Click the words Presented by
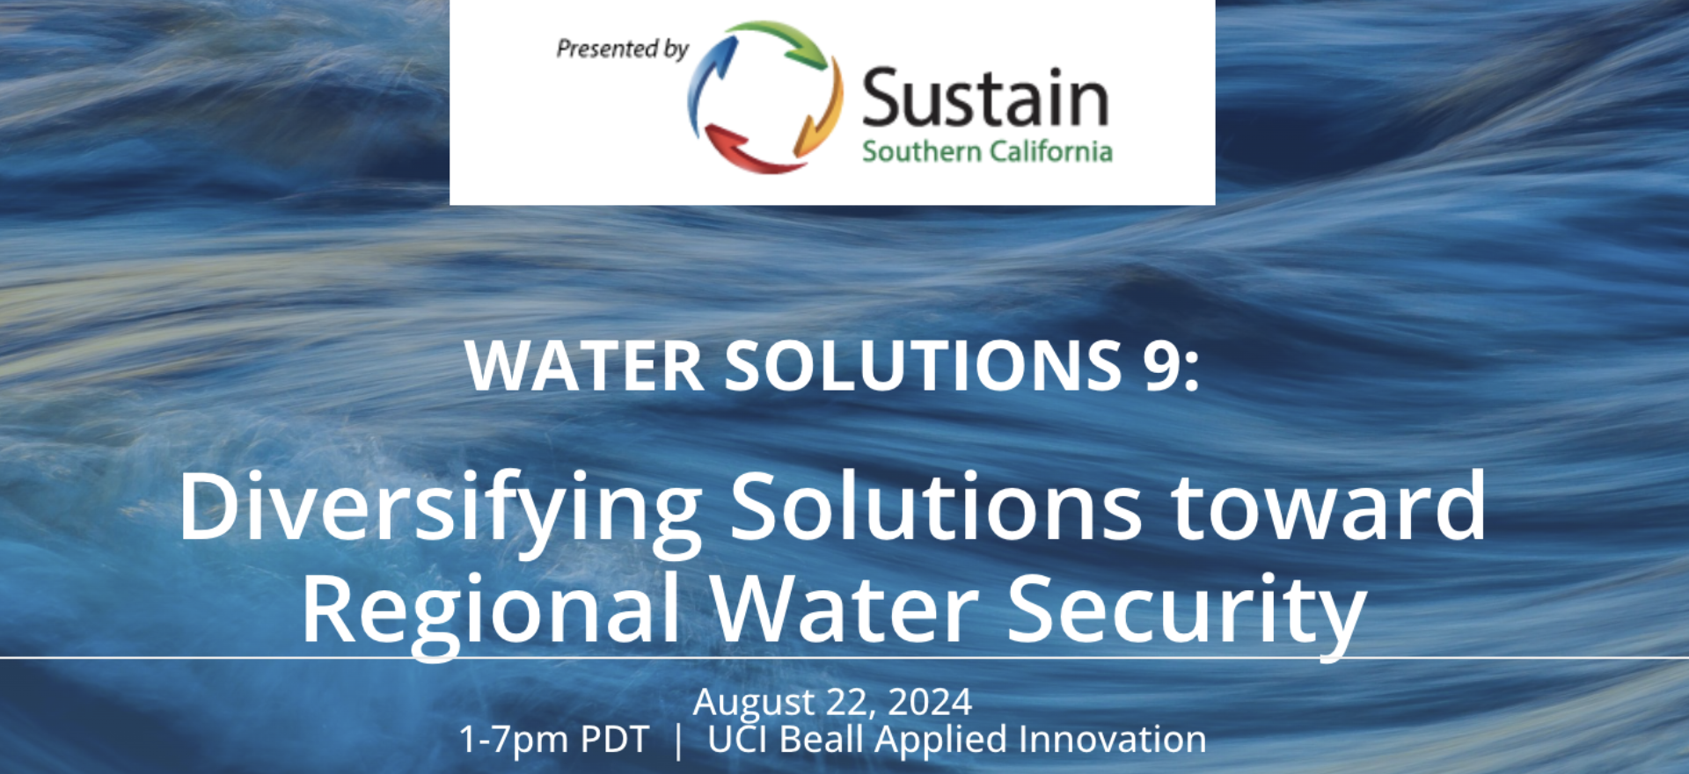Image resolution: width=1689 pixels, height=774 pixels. click(x=623, y=49)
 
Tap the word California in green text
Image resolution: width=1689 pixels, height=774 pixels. click(x=1051, y=151)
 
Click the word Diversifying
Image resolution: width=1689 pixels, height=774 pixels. click(x=440, y=510)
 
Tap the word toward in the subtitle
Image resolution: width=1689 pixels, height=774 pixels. click(x=1328, y=506)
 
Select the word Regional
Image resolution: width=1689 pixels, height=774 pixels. click(x=491, y=611)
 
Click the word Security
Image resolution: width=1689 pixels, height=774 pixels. click(x=1187, y=611)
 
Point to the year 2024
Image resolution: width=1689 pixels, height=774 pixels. click(x=930, y=702)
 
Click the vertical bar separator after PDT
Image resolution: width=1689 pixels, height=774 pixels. click(x=677, y=741)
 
